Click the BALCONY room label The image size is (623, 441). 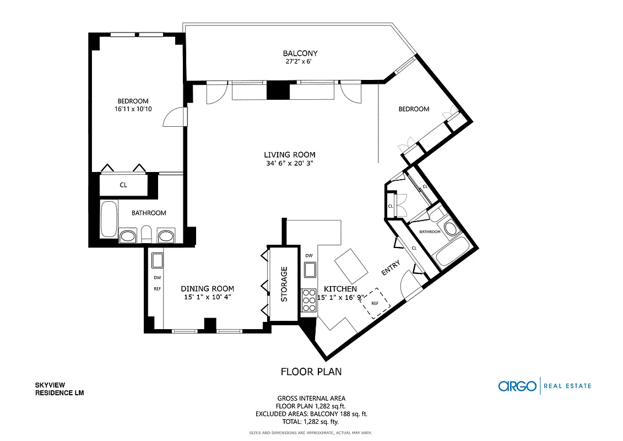300,53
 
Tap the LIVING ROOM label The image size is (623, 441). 290,155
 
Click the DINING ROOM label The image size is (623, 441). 208,288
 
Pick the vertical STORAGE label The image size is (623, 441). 284,284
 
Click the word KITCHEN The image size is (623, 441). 340,289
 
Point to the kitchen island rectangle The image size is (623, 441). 351,266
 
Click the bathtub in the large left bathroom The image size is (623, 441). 109,219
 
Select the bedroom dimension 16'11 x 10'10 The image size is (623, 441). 133,109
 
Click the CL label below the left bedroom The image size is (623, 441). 123,185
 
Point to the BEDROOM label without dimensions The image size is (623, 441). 414,109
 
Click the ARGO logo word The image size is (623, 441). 517,386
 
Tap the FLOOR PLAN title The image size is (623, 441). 311,372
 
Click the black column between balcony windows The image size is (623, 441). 277,90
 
